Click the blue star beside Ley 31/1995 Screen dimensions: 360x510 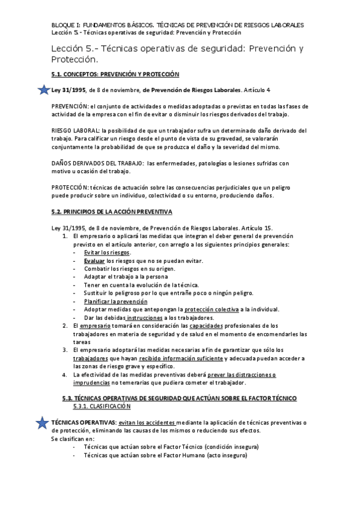(x=43, y=90)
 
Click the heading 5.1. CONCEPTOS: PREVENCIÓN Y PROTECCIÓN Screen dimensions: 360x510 (x=115, y=75)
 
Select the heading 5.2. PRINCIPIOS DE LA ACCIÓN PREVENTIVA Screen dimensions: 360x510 (x=112, y=212)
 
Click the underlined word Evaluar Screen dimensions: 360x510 (x=95, y=260)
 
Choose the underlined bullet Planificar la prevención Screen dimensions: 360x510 (x=112, y=301)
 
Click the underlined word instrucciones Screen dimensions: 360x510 (x=144, y=317)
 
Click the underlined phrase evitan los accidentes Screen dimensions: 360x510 (x=147, y=423)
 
